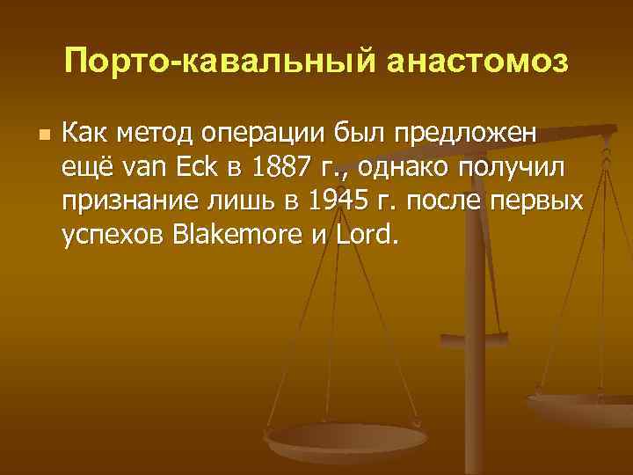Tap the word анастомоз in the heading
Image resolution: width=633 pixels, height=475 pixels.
coord(457,62)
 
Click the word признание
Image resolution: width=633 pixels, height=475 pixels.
coord(131,202)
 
